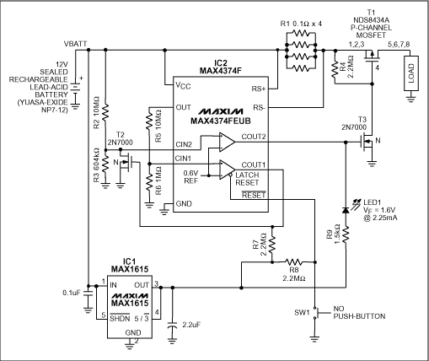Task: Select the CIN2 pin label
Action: click(185, 144)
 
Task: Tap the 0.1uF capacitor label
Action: click(73, 293)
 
